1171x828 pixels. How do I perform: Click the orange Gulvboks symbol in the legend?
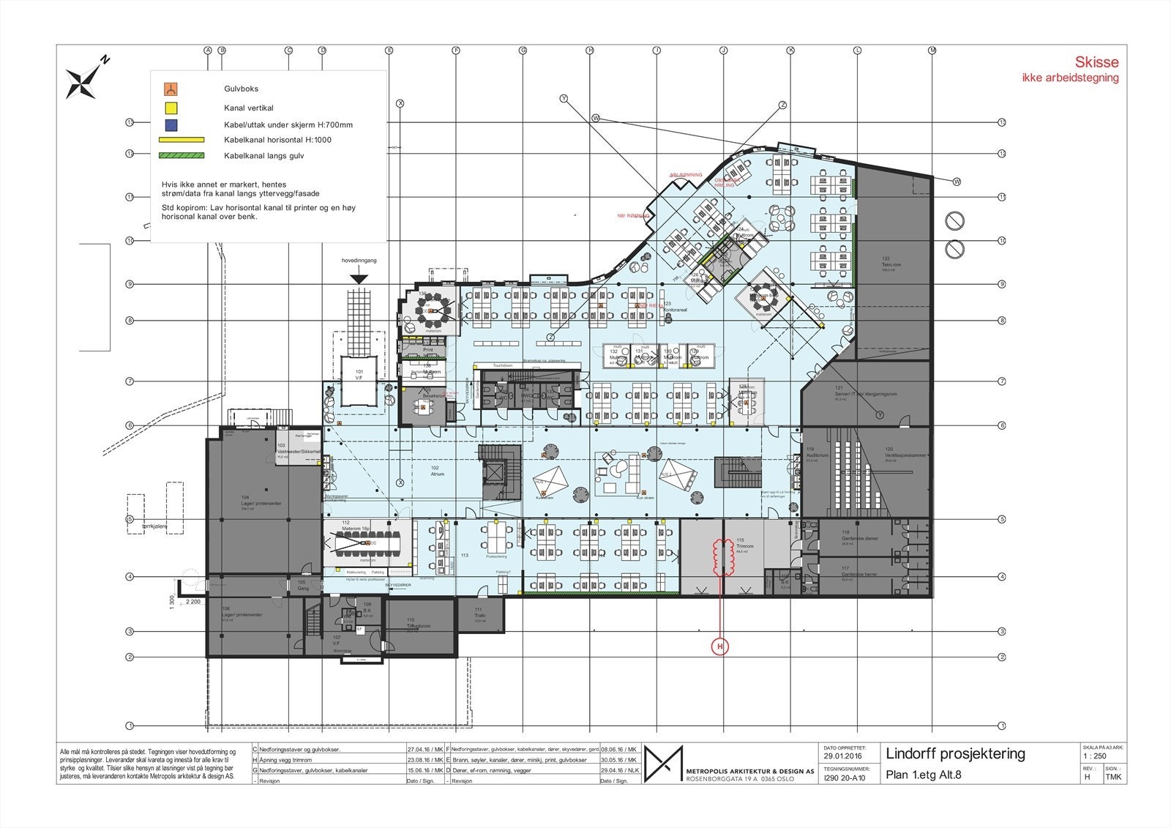coord(171,90)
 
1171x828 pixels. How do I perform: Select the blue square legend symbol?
coord(171,124)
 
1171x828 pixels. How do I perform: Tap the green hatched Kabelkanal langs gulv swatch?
coord(181,155)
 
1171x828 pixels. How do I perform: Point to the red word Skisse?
coord(1096,63)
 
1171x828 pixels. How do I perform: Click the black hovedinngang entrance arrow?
coord(359,279)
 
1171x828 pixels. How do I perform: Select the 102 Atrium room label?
coord(437,471)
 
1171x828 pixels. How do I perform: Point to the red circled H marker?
coord(720,647)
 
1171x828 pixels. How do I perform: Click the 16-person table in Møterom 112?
coord(370,543)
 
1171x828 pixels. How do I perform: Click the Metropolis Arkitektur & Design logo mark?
coord(663,764)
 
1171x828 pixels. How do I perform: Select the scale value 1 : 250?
coord(1095,756)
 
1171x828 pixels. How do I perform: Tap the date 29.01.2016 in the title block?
coord(842,756)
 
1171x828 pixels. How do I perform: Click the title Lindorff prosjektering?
coord(955,753)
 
